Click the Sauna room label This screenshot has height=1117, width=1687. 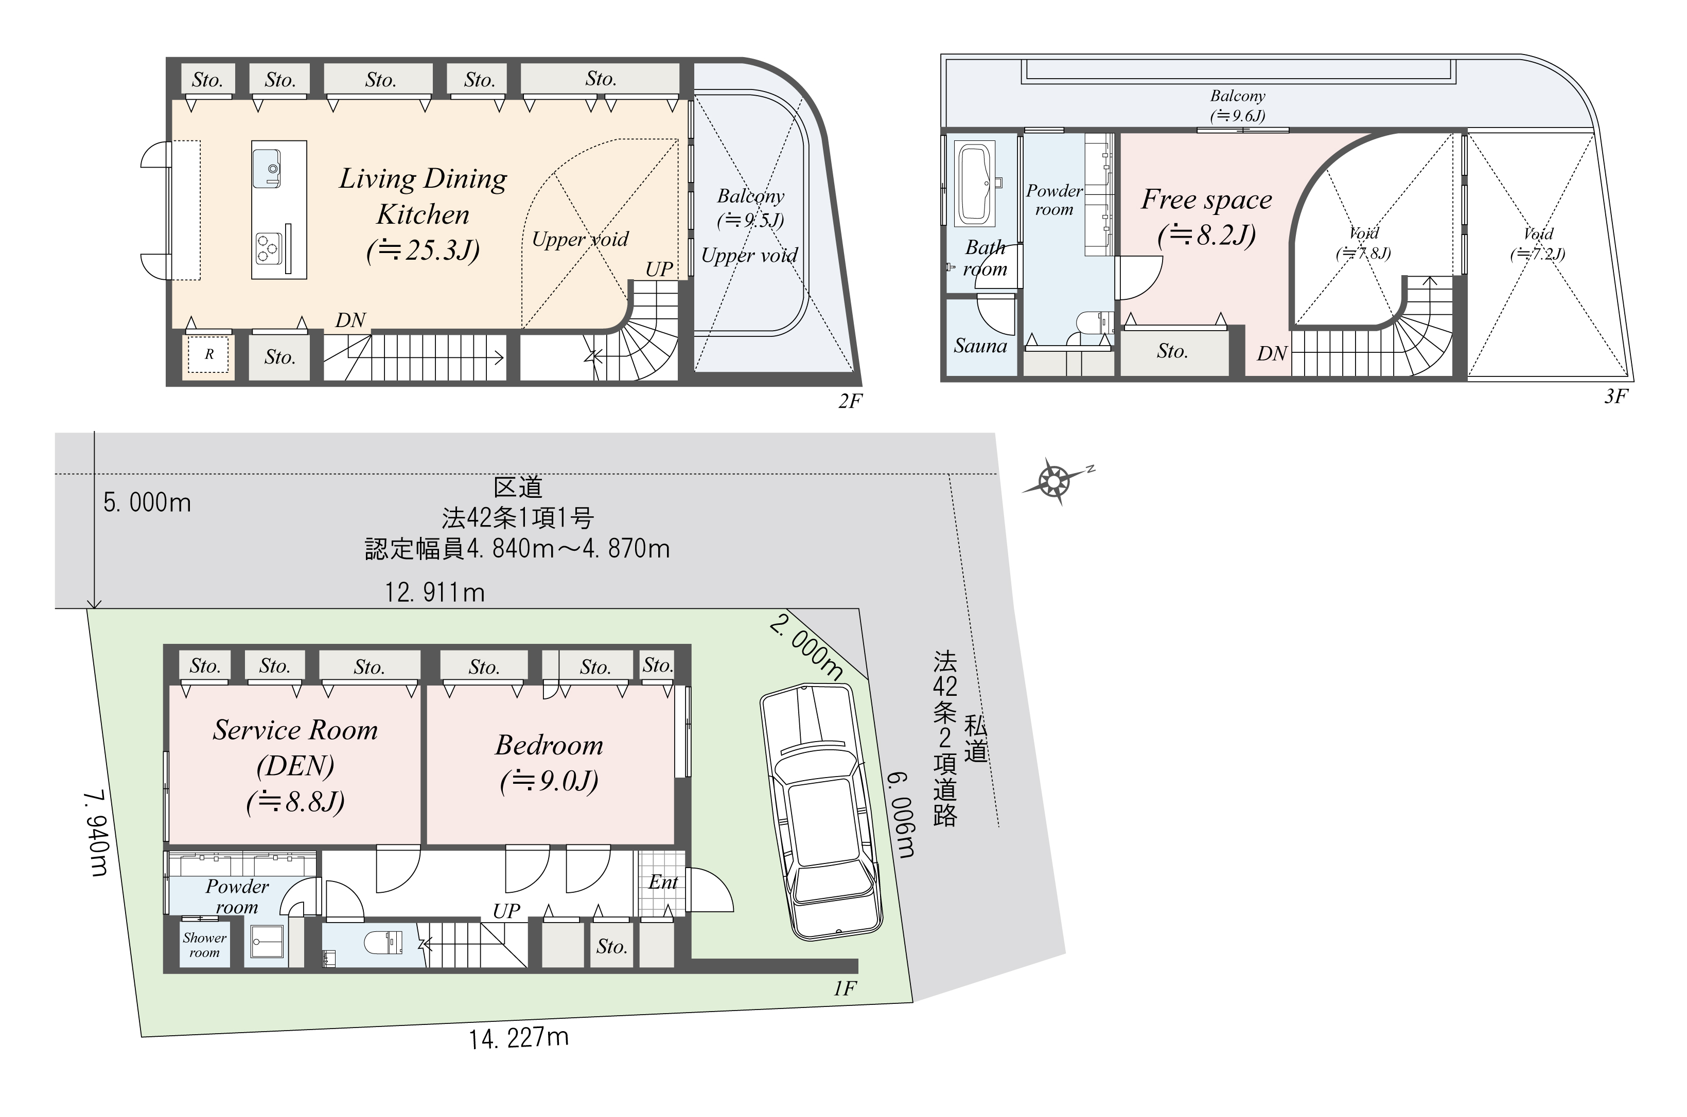tap(980, 346)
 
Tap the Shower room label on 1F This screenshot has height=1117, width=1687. tap(204, 945)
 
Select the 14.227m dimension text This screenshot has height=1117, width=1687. tap(519, 1038)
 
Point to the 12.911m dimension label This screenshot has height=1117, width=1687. tap(435, 592)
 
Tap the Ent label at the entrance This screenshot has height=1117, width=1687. tap(663, 882)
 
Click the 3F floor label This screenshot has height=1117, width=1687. tap(1616, 396)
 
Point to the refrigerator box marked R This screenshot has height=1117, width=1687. tap(209, 354)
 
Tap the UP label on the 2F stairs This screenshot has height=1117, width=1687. tap(659, 269)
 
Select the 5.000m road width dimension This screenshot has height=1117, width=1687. tap(147, 503)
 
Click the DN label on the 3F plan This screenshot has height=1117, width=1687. tap(1272, 353)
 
